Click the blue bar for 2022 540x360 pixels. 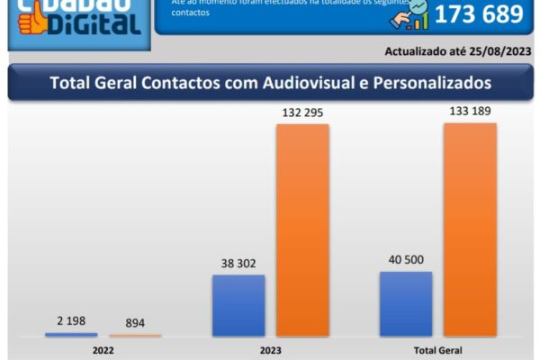pyautogui.click(x=71, y=335)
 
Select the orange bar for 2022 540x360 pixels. pyautogui.click(x=136, y=336)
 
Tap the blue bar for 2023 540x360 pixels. pyautogui.click(x=238, y=305)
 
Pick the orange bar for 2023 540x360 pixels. pyautogui.click(x=302, y=229)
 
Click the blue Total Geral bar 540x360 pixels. pyautogui.click(x=406, y=303)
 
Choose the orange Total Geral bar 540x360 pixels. pyautogui.click(x=470, y=229)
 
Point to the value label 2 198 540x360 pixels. pyautogui.click(x=71, y=321)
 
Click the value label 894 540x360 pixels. pyautogui.click(x=136, y=323)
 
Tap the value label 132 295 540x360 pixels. pyautogui.click(x=302, y=112)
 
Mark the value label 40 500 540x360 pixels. pyautogui.click(x=406, y=261)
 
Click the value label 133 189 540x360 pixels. pyautogui.click(x=470, y=111)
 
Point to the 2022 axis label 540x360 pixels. pyautogui.click(x=103, y=350)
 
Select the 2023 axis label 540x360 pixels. pyautogui.click(x=270, y=350)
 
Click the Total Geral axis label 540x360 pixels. pyautogui.click(x=438, y=350)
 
